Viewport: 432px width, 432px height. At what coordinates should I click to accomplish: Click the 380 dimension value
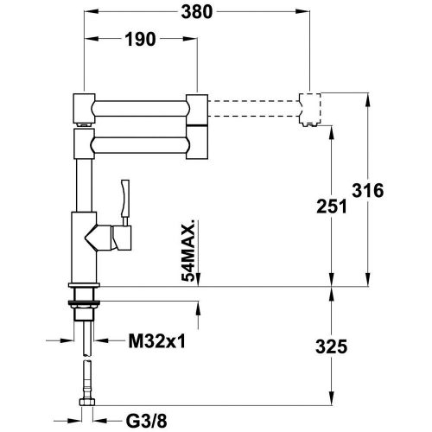(x=200, y=13)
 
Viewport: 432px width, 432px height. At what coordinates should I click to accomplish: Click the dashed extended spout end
(x=309, y=108)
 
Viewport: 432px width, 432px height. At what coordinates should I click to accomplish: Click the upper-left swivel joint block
(x=83, y=106)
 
